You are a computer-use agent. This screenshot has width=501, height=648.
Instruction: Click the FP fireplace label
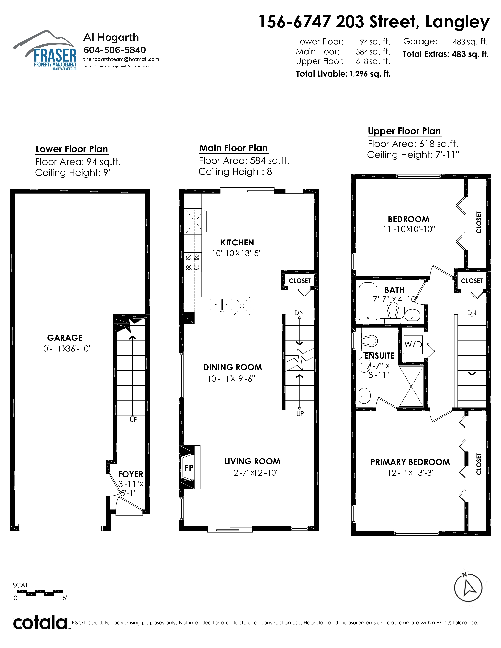[x=189, y=468]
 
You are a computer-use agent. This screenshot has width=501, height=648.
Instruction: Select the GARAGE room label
[x=65, y=338]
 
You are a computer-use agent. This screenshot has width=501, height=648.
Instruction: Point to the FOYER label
[x=131, y=474]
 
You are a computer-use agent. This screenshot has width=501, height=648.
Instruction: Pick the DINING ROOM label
[x=233, y=367]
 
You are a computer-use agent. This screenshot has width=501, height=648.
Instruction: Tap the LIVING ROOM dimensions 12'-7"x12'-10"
[x=254, y=473]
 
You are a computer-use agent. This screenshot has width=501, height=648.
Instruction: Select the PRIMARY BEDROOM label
[x=410, y=462]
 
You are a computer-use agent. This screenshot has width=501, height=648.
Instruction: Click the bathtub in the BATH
[x=368, y=301]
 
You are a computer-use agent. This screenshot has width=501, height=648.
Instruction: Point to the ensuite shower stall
[x=411, y=386]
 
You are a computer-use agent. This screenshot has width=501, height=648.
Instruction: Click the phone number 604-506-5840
[x=115, y=50]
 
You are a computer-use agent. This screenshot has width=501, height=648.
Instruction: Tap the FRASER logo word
[x=55, y=55]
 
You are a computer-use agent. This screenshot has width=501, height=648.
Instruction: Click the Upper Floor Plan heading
[x=404, y=131]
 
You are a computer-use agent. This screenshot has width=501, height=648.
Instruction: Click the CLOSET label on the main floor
[x=300, y=281]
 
